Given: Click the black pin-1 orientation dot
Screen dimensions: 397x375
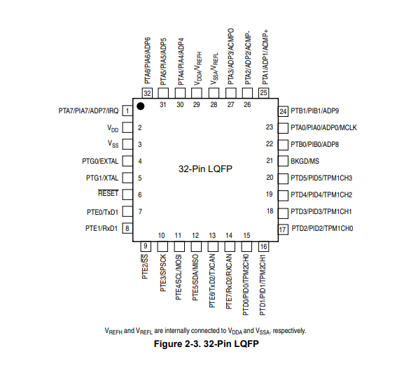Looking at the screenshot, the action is tap(141, 106).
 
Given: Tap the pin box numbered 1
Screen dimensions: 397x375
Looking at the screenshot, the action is tap(127, 111).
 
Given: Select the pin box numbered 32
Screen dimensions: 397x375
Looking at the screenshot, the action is tap(147, 93).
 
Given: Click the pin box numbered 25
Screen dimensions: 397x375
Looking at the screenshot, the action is tap(263, 93).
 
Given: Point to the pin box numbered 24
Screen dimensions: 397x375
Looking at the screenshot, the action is tap(283, 111).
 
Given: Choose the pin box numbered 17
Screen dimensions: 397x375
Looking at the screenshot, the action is tap(283, 229).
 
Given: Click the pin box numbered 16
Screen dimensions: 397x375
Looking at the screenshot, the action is tap(263, 246).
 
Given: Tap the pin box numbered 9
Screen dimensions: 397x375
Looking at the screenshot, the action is tap(146, 246).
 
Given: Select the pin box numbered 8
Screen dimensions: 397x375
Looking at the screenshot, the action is tap(127, 228).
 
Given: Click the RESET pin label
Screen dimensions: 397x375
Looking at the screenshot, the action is tap(108, 193).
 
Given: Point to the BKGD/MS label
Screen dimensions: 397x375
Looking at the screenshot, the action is tap(305, 161).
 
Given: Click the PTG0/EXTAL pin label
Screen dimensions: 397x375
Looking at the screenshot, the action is tap(100, 161).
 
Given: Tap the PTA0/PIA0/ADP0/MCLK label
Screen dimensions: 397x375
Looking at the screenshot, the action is tap(323, 127).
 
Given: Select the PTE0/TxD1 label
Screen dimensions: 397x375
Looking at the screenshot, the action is tap(102, 212).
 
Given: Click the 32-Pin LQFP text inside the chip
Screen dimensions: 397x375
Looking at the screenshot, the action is tap(205, 169).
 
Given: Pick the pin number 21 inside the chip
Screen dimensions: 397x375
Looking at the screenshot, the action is tap(270, 161).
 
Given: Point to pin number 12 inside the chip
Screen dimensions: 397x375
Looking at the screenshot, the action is tap(195, 236).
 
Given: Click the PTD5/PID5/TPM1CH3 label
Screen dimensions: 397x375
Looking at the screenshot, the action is tap(321, 178).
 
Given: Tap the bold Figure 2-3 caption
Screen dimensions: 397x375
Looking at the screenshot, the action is tap(207, 344).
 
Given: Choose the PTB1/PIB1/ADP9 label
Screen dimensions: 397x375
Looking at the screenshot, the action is tap(314, 111).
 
